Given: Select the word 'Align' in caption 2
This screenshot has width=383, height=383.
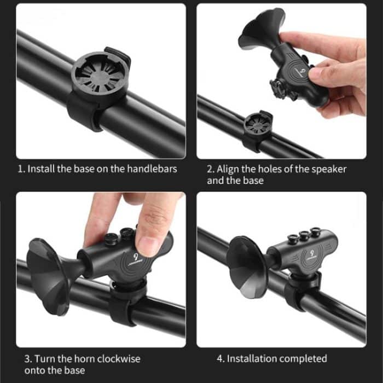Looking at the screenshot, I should [x=229, y=169].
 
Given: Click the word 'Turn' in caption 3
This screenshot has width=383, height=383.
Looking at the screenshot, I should [x=46, y=359].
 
